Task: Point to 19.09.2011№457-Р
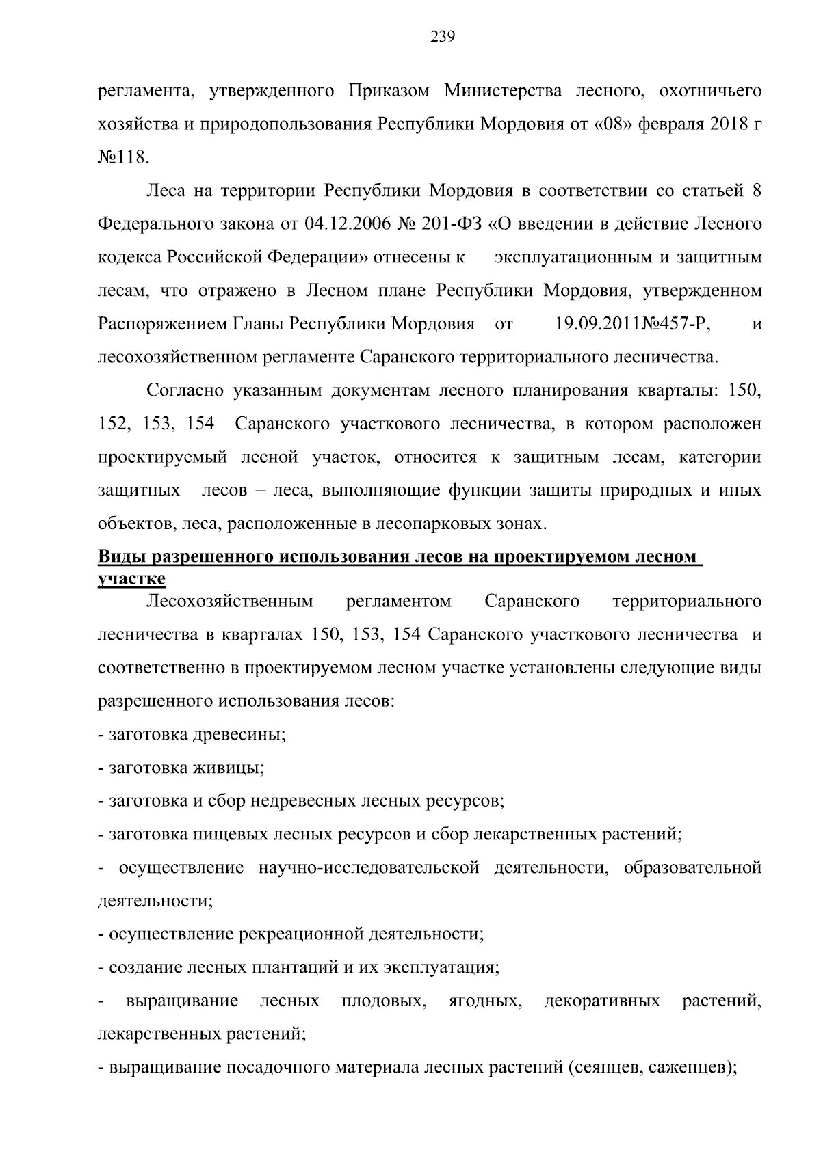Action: point(634,324)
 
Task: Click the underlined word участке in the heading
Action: point(131,578)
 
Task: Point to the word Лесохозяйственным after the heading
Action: point(230,602)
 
